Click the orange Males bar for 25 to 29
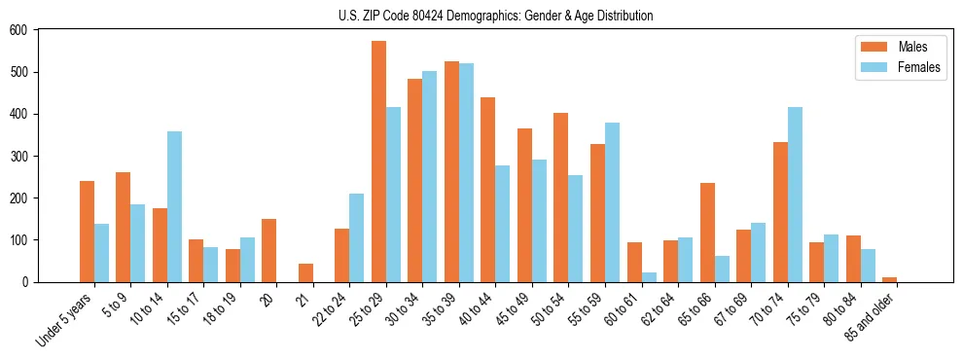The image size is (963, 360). pyautogui.click(x=378, y=162)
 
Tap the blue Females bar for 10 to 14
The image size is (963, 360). pyautogui.click(x=174, y=206)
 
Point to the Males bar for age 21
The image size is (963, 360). pyautogui.click(x=305, y=272)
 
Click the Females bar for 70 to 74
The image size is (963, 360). pyautogui.click(x=795, y=195)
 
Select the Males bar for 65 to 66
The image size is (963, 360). pyautogui.click(x=707, y=233)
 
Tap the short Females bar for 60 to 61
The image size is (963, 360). pyautogui.click(x=649, y=277)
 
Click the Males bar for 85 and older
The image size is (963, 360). pyautogui.click(x=889, y=279)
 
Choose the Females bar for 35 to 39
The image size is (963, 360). pyautogui.click(x=466, y=172)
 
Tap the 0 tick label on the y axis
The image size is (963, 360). pyautogui.click(x=26, y=282)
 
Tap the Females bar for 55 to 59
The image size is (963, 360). pyautogui.click(x=612, y=202)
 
